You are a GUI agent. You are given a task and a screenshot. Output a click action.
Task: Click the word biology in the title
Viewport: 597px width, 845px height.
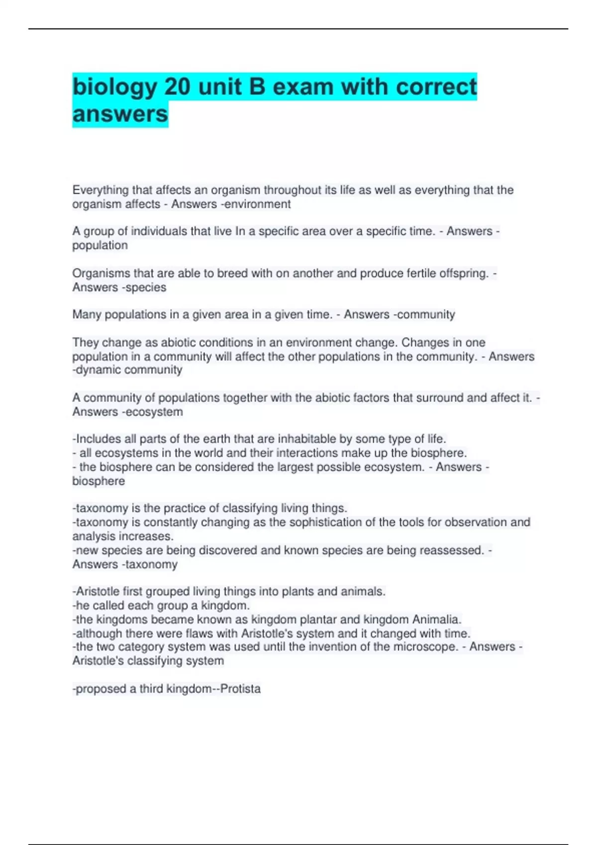[x=115, y=87]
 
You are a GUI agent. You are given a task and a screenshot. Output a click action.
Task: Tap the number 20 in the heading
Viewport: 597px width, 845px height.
[x=177, y=87]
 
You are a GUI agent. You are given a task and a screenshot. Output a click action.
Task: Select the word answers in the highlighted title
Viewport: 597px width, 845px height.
[x=120, y=114]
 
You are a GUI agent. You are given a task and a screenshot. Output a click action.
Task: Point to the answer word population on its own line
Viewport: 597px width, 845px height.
[x=100, y=246]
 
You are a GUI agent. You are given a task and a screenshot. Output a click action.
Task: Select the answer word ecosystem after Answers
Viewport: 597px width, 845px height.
[x=154, y=412]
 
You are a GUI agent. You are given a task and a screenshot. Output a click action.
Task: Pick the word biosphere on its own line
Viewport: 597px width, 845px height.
[x=99, y=481]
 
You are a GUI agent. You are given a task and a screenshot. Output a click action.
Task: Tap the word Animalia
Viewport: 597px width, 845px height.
[x=436, y=619]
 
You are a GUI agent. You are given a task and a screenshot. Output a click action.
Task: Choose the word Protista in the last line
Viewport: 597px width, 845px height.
[x=240, y=689]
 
